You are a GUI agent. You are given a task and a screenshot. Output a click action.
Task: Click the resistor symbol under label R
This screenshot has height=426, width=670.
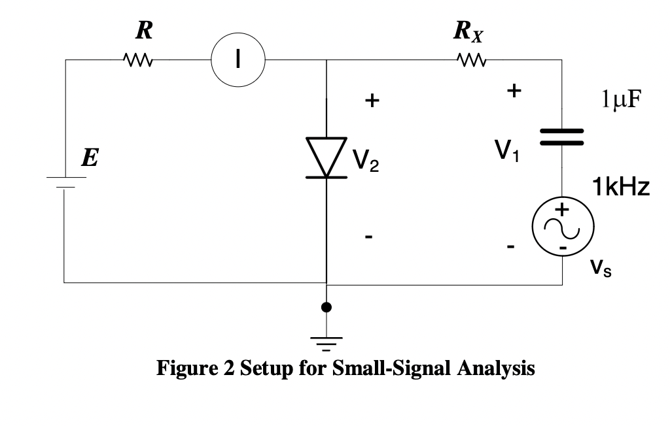click(x=137, y=61)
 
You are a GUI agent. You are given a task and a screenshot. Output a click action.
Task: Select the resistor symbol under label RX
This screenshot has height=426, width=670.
click(x=471, y=61)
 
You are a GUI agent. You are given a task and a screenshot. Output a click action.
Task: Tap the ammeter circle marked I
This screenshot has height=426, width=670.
click(x=238, y=60)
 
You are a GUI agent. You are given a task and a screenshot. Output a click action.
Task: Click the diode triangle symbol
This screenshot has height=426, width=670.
click(x=326, y=157)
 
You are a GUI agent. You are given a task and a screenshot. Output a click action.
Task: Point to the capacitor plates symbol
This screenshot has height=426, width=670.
click(x=561, y=137)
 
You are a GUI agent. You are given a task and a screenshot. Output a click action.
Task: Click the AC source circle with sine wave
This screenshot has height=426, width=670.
click(x=563, y=227)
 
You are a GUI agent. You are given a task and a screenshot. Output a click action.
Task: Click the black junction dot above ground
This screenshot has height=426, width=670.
click(x=326, y=307)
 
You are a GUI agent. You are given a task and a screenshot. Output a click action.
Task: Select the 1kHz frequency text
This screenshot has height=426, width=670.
click(x=620, y=188)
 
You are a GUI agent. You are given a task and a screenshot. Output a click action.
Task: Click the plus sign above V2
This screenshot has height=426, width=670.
click(x=371, y=101)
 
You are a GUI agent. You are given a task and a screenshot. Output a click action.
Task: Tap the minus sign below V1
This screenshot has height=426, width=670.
click(x=511, y=248)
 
